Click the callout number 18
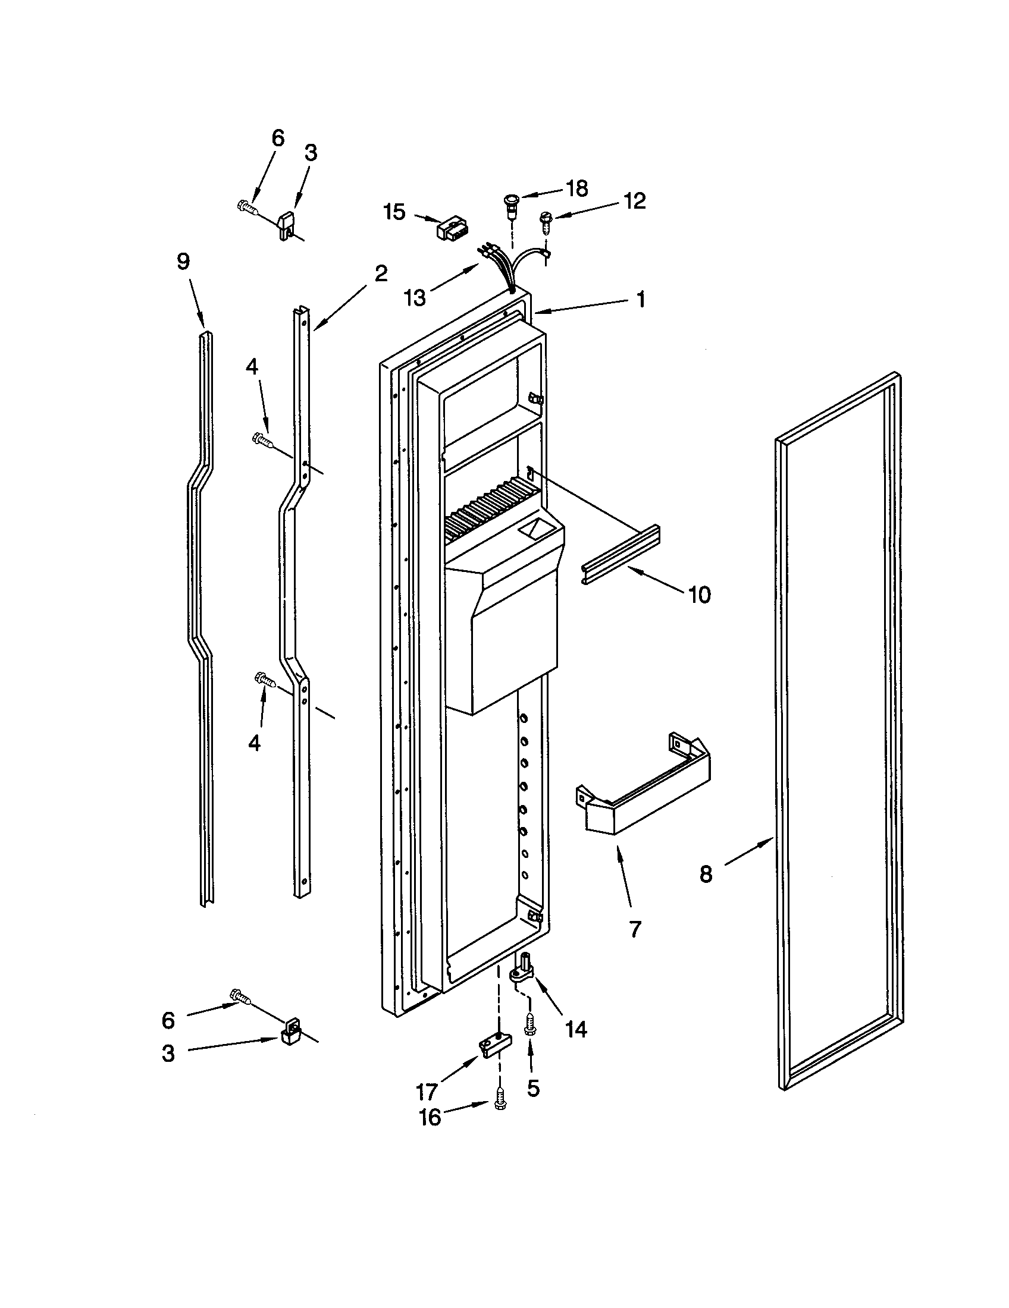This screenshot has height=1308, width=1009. [x=577, y=188]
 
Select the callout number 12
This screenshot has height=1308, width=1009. [x=635, y=201]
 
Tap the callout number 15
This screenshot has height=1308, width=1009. [x=395, y=212]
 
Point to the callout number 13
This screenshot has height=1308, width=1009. [x=415, y=297]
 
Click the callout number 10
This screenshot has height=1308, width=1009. [x=699, y=595]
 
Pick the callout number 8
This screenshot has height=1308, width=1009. [x=706, y=875]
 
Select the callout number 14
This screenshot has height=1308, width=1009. [x=576, y=1029]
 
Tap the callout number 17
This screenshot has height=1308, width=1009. [x=427, y=1093]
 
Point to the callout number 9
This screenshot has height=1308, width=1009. [x=183, y=262]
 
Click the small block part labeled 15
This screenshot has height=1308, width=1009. [x=452, y=228]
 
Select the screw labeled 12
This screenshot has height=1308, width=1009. [x=546, y=221]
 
